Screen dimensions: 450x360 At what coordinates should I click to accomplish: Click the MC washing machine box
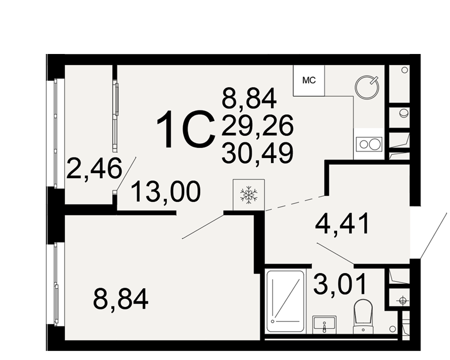point(309,81)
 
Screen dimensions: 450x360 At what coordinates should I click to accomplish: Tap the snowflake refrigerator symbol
point(248,195)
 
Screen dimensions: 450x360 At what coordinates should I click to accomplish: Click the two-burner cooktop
point(369,144)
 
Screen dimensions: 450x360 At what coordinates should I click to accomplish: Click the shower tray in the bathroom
point(285,301)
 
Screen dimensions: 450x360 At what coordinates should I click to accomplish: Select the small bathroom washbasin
point(324,325)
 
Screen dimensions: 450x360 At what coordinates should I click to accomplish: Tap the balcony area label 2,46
point(94,168)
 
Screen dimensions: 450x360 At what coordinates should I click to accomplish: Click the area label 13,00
point(166,192)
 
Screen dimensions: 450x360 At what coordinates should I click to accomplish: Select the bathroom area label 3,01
point(340,284)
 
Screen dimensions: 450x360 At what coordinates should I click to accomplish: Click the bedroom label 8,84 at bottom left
point(121,299)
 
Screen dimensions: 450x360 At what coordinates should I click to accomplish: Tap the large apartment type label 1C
point(186,130)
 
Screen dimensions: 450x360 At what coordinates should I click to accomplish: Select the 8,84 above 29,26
point(249,99)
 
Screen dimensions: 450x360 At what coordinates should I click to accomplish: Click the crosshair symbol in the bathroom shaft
point(402,301)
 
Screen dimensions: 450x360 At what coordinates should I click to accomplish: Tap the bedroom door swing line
point(203,226)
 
